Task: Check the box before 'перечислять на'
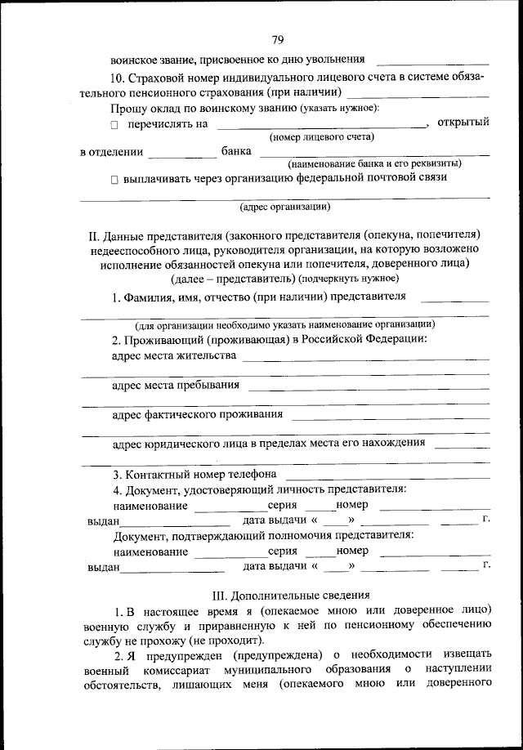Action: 115,124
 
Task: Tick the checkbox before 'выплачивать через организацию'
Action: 115,177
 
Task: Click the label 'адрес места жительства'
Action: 174,355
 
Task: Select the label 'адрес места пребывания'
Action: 176,385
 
